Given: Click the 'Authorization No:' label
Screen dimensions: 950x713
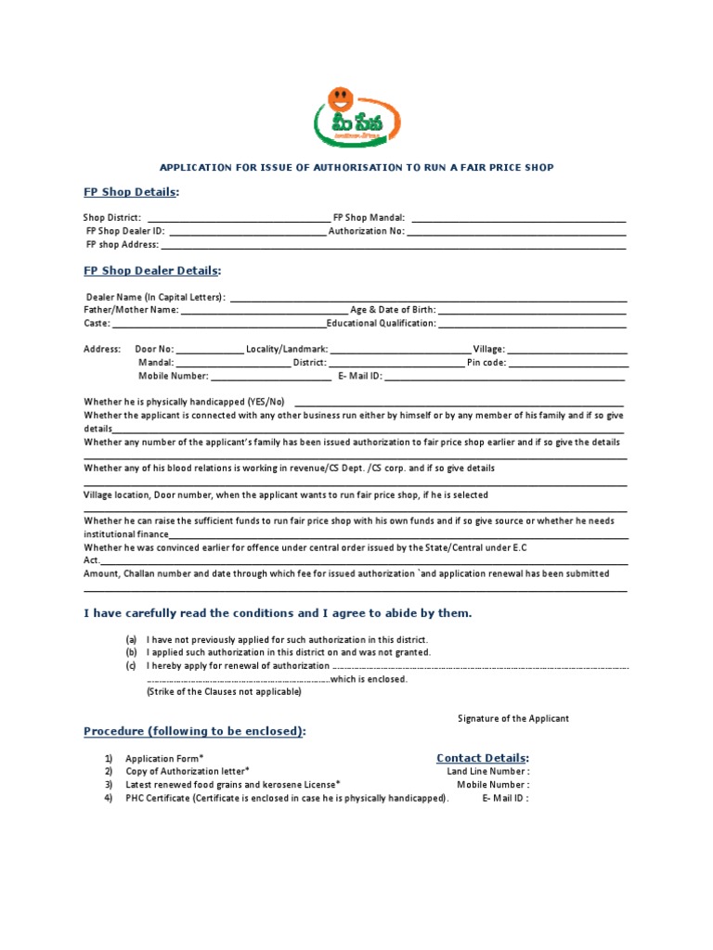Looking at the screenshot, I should pyautogui.click(x=367, y=232).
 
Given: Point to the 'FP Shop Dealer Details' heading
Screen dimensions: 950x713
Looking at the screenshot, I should pyautogui.click(x=152, y=271).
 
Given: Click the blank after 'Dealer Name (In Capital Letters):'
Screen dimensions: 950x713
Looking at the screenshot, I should pyautogui.click(x=427, y=298).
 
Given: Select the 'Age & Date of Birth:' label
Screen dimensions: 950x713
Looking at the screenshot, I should pyautogui.click(x=392, y=311).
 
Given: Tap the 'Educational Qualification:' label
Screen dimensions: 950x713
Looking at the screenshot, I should pyautogui.click(x=382, y=324).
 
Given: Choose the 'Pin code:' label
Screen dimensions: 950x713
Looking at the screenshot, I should pyautogui.click(x=486, y=364).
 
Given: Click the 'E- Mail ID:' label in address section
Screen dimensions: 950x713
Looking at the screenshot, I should pyautogui.click(x=360, y=377).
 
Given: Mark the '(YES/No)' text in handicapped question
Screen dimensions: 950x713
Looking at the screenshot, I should pyautogui.click(x=265, y=403).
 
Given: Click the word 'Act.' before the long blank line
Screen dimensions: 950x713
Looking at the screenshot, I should pyautogui.click(x=91, y=561).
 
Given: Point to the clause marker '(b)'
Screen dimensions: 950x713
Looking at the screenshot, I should pyautogui.click(x=132, y=652).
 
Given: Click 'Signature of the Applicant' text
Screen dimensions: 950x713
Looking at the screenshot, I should pyautogui.click(x=513, y=719).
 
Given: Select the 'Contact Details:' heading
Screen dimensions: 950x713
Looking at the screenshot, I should pyautogui.click(x=483, y=758).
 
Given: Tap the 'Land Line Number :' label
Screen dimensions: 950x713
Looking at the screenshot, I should pyautogui.click(x=488, y=772).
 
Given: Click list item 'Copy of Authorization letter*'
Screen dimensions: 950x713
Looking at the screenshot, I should pyautogui.click(x=188, y=772).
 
